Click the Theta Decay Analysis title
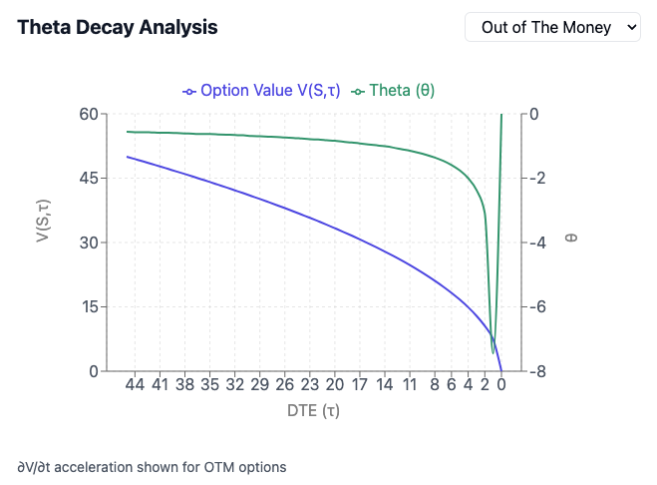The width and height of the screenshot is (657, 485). [x=118, y=27]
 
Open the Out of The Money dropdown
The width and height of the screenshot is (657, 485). [x=554, y=27]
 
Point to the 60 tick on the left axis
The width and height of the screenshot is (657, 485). [x=89, y=114]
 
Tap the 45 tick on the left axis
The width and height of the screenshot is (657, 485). [x=89, y=179]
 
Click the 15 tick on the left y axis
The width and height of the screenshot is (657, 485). [x=89, y=307]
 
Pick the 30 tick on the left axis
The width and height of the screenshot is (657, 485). [x=89, y=242]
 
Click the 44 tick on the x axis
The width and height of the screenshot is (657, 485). [x=135, y=384]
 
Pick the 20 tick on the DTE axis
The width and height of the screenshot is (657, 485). [x=334, y=384]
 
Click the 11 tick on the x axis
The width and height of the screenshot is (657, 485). [x=409, y=384]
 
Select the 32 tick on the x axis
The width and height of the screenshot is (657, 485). [x=234, y=384]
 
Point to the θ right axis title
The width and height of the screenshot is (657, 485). [x=571, y=239]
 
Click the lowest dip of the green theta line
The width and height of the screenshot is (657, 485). [x=493, y=352]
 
